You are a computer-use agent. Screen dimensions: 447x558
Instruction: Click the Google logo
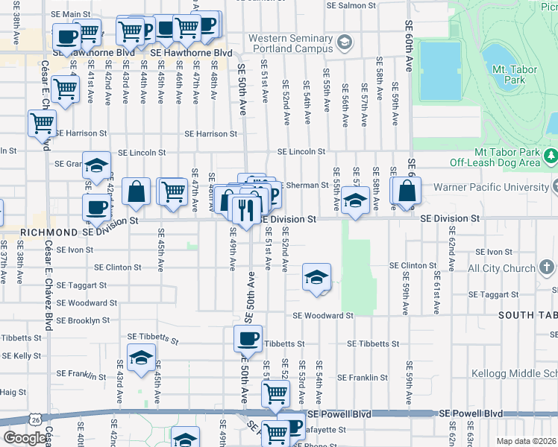(25, 438)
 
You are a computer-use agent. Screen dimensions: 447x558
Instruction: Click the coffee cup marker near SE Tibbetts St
(248, 339)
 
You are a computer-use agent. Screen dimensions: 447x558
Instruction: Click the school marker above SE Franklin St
(141, 358)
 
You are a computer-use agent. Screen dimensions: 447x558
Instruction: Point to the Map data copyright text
(527, 441)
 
